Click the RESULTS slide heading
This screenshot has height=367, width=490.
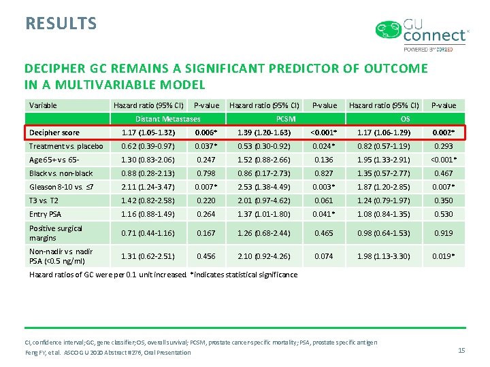click(61, 23)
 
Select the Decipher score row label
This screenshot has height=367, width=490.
click(54, 133)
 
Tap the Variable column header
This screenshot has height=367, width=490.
click(43, 105)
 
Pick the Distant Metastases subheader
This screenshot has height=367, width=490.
click(167, 119)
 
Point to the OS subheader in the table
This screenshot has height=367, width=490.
click(404, 119)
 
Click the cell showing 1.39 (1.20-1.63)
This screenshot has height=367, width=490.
click(265, 133)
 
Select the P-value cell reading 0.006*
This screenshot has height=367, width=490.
click(206, 133)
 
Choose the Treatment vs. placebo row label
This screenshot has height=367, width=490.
click(66, 146)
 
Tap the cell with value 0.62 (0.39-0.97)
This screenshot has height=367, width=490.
click(148, 146)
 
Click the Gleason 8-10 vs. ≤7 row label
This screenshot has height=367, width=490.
click(61, 187)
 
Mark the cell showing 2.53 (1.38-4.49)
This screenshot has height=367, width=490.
click(265, 187)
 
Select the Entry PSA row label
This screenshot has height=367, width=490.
click(47, 214)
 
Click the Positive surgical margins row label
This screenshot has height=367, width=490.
click(56, 233)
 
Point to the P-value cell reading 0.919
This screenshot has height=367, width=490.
click(443, 233)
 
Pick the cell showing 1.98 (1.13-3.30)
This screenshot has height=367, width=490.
click(383, 256)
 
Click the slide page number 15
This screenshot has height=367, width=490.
click(461, 350)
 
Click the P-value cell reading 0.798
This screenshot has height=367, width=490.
click(206, 173)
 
